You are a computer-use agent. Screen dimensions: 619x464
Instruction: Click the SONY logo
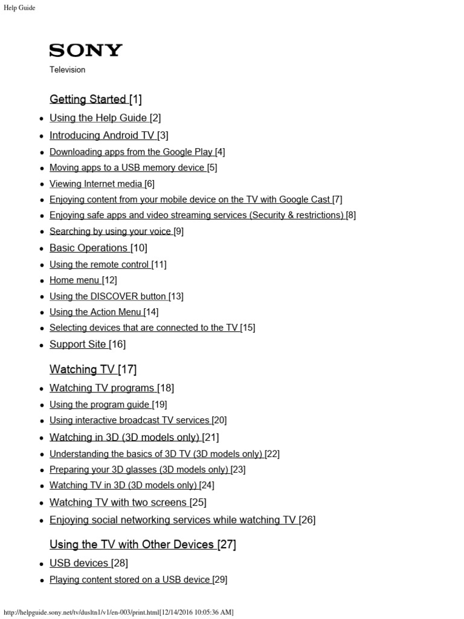coord(86,50)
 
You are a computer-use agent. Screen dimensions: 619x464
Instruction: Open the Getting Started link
coord(88,99)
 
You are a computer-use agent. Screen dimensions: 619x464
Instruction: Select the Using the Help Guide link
coord(98,118)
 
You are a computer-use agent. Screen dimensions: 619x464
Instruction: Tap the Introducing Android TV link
coord(102,135)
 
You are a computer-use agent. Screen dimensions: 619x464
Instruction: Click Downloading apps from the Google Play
coord(131,152)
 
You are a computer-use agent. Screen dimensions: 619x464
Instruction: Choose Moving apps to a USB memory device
coord(127,167)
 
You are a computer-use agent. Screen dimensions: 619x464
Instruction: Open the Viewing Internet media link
coord(96,184)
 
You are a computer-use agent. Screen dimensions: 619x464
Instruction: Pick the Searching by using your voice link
coord(111,231)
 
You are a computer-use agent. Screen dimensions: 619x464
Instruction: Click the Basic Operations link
coord(89,248)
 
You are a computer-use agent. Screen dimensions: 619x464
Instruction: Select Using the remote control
coord(99,264)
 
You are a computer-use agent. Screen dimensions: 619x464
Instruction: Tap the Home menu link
coord(75,280)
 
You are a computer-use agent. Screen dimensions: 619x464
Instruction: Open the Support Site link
coord(78,344)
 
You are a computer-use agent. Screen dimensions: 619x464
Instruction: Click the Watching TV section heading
coord(82,369)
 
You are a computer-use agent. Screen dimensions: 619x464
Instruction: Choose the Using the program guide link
coord(100,404)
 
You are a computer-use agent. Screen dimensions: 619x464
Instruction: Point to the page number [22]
coord(272,453)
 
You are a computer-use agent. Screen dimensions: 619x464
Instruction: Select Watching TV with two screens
coord(118,502)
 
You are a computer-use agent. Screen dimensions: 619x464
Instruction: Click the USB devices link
coord(79,563)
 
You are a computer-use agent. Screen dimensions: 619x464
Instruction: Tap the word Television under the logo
coord(68,70)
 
